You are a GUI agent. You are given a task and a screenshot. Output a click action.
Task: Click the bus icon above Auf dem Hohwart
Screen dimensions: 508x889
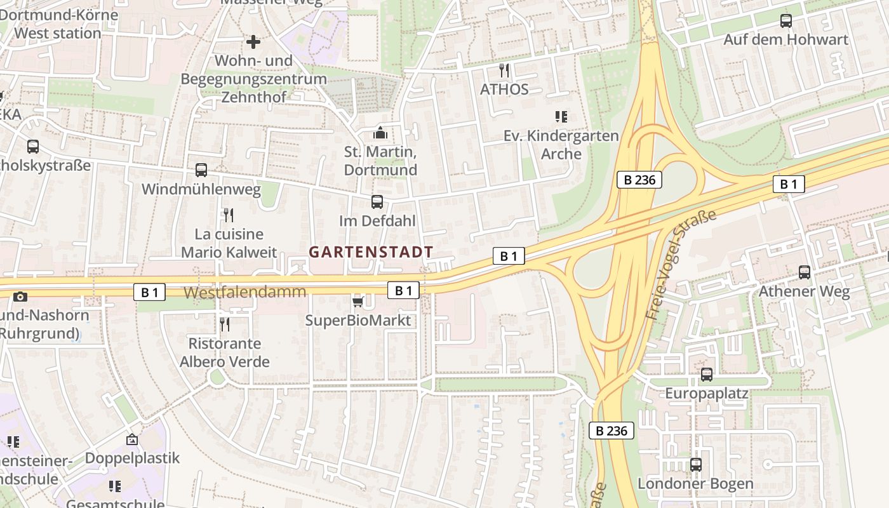(x=786, y=21)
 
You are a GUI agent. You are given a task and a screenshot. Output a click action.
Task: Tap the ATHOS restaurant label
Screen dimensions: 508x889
(x=504, y=89)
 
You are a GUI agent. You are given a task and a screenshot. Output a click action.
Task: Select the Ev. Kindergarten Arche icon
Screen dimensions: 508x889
(x=561, y=117)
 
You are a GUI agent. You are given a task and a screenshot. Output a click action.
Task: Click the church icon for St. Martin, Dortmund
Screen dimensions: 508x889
(x=380, y=133)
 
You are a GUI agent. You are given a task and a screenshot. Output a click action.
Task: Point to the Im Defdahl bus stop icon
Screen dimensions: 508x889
(x=377, y=202)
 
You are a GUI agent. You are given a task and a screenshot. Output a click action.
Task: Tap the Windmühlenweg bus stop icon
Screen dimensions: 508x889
(x=201, y=170)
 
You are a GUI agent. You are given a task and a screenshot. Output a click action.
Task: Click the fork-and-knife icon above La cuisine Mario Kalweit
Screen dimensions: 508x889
(x=229, y=215)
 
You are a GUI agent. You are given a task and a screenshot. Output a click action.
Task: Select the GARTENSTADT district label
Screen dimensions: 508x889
(x=371, y=252)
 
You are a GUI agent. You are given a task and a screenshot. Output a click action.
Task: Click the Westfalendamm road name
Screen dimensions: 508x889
(x=245, y=292)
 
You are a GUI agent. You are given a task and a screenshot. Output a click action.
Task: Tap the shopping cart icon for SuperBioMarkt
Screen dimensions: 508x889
(x=358, y=301)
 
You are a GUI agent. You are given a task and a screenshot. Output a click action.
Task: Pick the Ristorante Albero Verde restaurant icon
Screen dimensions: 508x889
(x=224, y=324)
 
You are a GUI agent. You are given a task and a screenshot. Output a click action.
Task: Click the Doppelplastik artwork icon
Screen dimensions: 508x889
(x=132, y=439)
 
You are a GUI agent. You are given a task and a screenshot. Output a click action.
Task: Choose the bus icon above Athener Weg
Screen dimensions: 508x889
(x=805, y=272)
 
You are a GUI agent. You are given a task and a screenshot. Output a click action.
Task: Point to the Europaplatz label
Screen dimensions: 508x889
(x=706, y=394)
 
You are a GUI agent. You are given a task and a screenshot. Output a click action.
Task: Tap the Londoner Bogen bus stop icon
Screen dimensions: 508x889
(x=696, y=465)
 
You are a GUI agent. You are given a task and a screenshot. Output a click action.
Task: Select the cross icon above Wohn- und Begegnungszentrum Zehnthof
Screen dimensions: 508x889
(x=253, y=42)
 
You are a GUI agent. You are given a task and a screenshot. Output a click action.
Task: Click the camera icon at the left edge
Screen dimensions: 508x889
(x=20, y=297)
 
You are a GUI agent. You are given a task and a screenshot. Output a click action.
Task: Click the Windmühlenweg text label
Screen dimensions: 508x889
(x=201, y=189)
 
